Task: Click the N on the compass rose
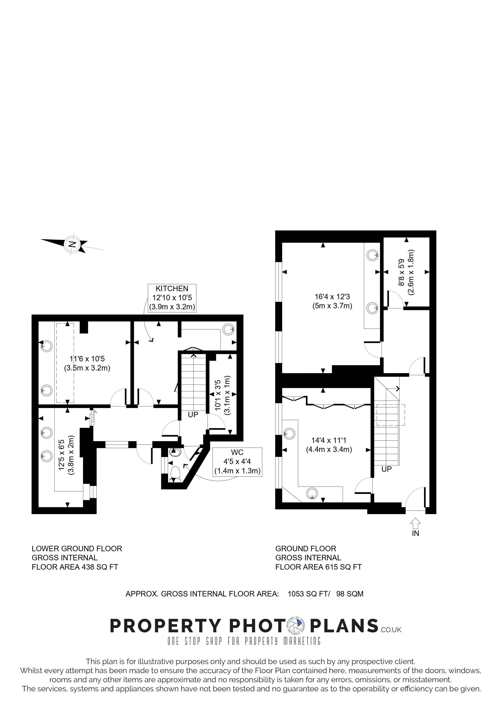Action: [72, 245]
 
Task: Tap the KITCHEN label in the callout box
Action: [172, 289]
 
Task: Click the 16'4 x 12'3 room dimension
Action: [332, 297]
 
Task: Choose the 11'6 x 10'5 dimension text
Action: [87, 359]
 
